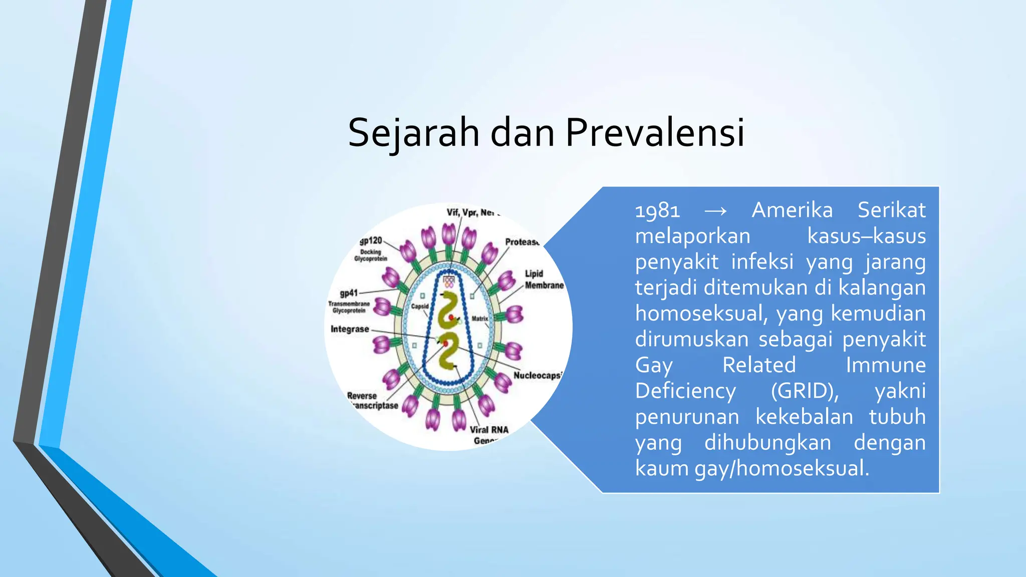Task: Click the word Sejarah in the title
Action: click(413, 133)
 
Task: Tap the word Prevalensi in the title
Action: click(655, 133)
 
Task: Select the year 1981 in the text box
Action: click(657, 210)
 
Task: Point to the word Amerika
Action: click(792, 210)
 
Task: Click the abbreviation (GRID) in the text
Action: click(805, 391)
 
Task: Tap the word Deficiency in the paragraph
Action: click(685, 391)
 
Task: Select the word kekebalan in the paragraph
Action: click(804, 417)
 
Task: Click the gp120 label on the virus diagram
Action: click(371, 241)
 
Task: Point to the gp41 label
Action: click(349, 293)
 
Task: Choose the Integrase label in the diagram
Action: click(350, 329)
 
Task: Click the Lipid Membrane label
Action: click(544, 279)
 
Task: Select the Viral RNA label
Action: click(489, 430)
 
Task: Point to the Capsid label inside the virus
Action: click(420, 306)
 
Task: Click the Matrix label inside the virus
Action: click(479, 319)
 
